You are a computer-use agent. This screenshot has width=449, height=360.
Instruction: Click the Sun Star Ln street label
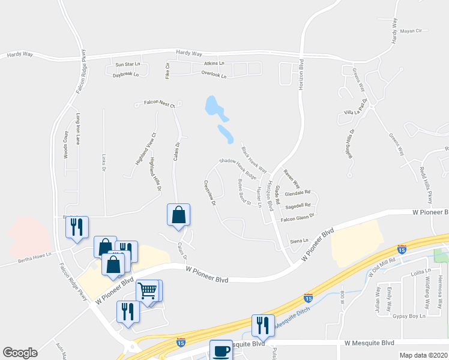(x=127, y=64)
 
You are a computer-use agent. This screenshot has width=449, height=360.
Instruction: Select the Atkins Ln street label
(x=213, y=63)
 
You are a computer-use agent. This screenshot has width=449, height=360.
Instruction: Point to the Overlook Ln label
(x=214, y=76)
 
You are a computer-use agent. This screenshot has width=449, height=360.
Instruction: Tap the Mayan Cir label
(x=412, y=31)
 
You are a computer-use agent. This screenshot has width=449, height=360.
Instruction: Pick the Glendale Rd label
(x=298, y=193)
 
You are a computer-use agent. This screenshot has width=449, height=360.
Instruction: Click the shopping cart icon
(x=147, y=291)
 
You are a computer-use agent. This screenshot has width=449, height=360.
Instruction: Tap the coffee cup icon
(x=220, y=350)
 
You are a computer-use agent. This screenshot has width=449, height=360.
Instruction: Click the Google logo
(x=20, y=353)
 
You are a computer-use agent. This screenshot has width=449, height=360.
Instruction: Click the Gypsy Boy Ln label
(x=414, y=316)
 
